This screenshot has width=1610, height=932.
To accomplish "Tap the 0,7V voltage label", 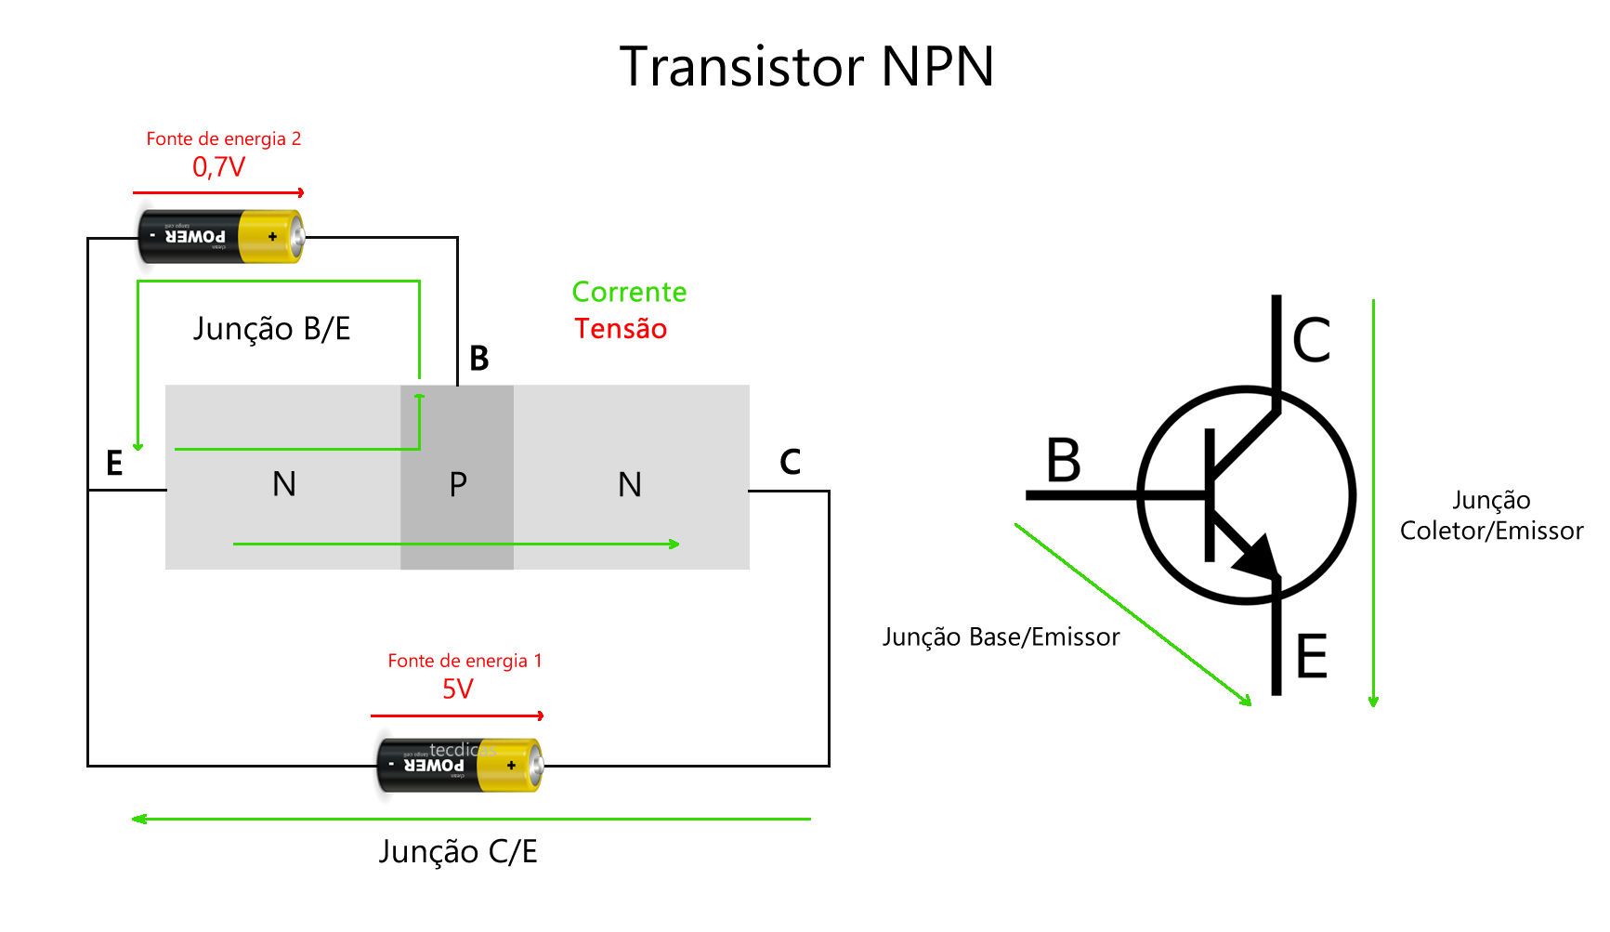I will (x=218, y=167).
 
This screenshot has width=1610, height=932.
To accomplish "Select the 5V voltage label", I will (x=457, y=689).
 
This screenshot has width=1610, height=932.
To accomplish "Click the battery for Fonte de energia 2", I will (x=221, y=237).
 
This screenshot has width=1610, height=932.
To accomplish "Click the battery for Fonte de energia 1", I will (x=459, y=765).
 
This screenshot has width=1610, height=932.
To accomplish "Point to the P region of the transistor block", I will (x=457, y=484).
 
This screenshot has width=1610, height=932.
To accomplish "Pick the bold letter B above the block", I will (x=478, y=359).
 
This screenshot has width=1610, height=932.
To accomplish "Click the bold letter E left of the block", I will (x=114, y=463).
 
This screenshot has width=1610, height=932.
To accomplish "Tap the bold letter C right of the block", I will (x=790, y=462).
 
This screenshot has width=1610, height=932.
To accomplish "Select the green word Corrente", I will (x=629, y=293).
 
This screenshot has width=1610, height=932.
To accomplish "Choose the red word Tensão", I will (x=621, y=329).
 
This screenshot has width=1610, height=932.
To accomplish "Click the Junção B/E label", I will (x=271, y=329).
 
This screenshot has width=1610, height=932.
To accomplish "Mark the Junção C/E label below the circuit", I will (x=457, y=852).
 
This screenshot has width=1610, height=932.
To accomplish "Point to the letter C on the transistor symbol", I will (x=1311, y=340).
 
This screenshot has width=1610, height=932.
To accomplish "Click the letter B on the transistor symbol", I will (x=1063, y=460).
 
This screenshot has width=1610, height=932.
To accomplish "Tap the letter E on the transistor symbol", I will (x=1311, y=657).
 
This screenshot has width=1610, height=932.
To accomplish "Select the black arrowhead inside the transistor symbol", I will (x=1256, y=557).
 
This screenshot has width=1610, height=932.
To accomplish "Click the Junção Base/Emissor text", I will (x=1001, y=637).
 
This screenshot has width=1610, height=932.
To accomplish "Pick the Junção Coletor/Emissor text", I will (x=1491, y=516).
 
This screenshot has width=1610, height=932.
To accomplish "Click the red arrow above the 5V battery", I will (x=457, y=715).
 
